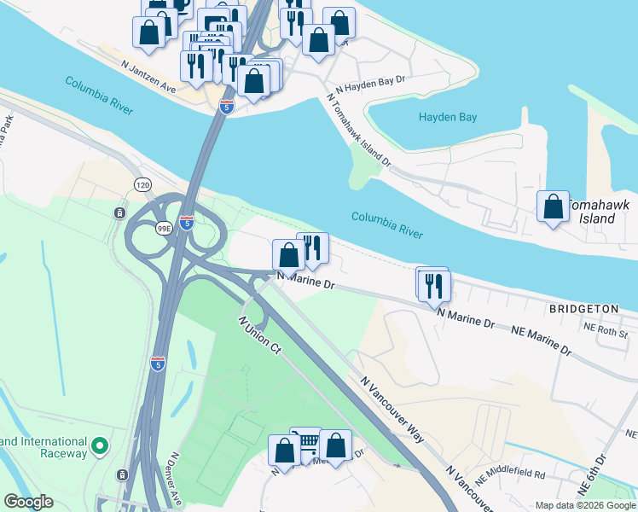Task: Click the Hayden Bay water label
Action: [x=447, y=117]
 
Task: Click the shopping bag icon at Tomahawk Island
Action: [x=554, y=207]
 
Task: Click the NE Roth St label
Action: [x=606, y=329]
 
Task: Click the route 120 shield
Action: [x=142, y=184]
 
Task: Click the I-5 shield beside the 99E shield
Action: [x=186, y=223]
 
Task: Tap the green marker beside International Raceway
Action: [x=100, y=445]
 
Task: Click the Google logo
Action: [x=28, y=502]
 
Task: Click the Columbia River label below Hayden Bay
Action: [x=388, y=224]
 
